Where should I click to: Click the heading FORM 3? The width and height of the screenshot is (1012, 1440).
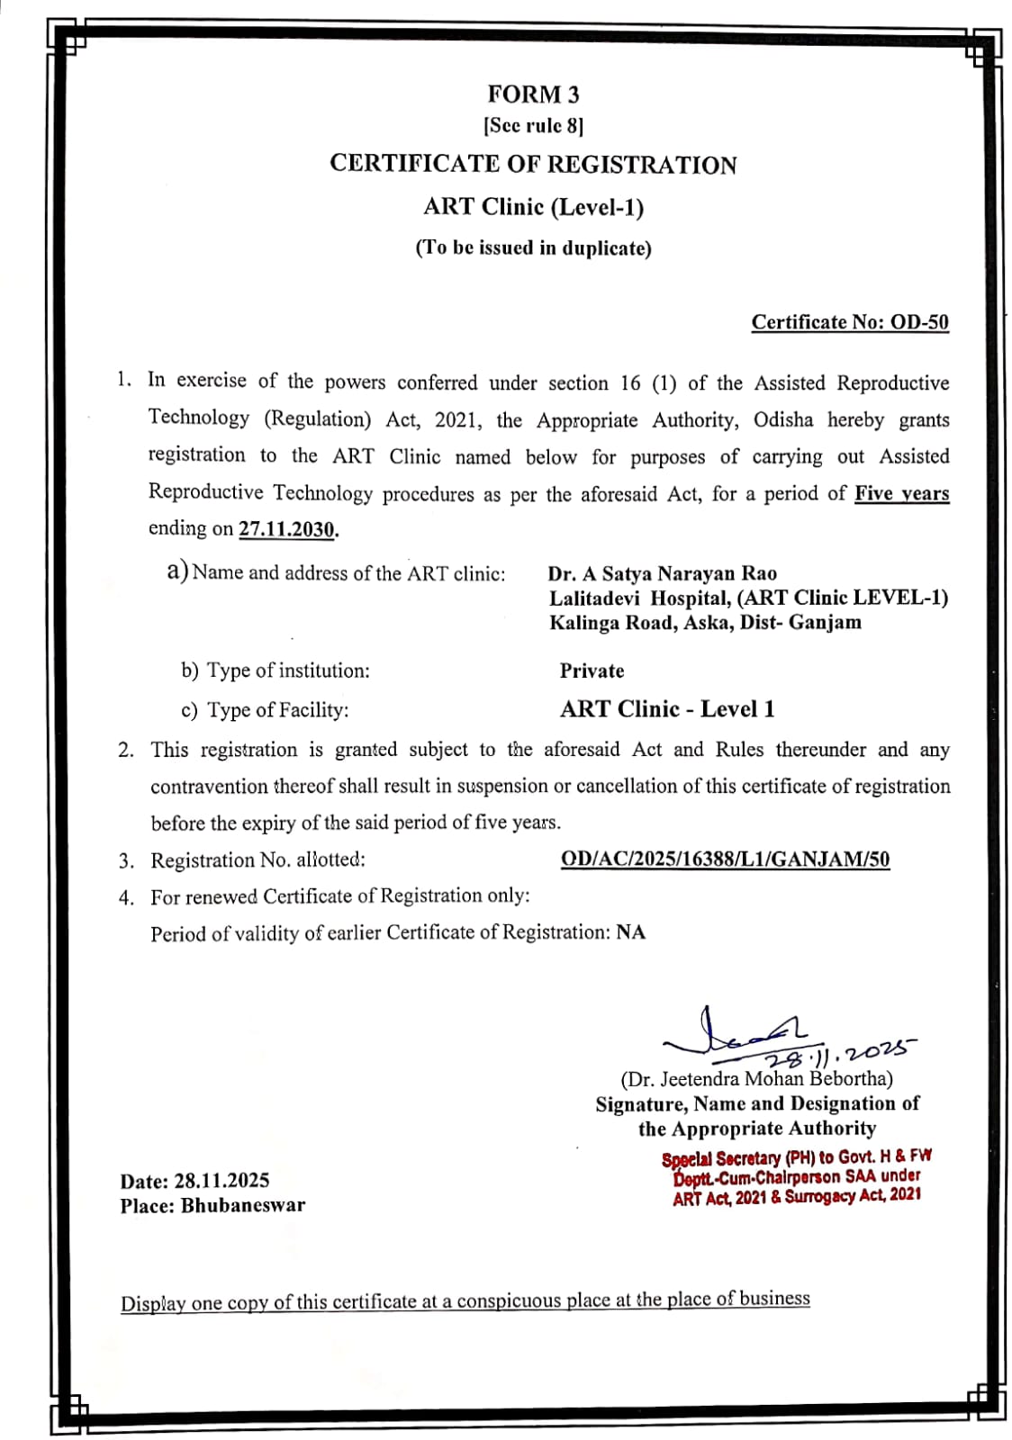[x=533, y=94]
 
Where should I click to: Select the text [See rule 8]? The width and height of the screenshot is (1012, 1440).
[x=533, y=125]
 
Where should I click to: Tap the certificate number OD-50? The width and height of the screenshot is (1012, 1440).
[x=919, y=322]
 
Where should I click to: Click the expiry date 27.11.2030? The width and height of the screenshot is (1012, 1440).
[x=286, y=529]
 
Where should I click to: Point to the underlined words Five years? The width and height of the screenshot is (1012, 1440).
[x=901, y=493]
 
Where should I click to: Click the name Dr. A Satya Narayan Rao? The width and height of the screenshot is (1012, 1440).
[x=662, y=573]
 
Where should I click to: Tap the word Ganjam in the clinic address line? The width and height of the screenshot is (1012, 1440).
[x=825, y=622]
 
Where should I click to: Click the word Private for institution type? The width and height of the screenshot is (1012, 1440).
[x=592, y=670]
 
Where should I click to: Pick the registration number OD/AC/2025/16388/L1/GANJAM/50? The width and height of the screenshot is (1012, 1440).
[x=725, y=859]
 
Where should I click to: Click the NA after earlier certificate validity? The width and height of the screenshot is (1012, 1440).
[x=630, y=932]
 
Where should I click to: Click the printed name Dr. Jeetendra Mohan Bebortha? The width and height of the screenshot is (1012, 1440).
[x=756, y=1078]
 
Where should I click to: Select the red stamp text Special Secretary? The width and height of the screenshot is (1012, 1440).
[x=721, y=1159]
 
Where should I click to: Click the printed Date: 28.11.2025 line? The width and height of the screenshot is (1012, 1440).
[x=194, y=1181]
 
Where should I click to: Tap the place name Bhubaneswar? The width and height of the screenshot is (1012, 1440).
[x=243, y=1205]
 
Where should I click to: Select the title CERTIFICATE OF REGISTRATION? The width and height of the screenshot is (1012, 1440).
[x=533, y=164]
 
